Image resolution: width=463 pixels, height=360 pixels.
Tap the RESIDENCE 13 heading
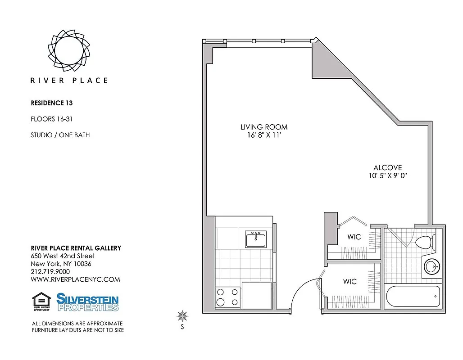(51, 103)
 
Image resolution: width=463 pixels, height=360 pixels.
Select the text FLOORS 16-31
(51, 119)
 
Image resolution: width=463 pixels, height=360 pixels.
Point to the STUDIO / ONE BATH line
(60, 135)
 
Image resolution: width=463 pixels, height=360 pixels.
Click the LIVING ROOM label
(264, 127)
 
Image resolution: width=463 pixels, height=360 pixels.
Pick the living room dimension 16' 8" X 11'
(264, 135)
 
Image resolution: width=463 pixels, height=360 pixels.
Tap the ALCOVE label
(387, 167)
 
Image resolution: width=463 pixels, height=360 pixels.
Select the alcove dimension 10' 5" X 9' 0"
(387, 176)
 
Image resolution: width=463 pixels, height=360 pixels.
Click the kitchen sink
(256, 238)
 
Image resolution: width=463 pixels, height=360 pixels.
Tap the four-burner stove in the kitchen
(227, 297)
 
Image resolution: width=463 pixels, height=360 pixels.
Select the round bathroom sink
(432, 267)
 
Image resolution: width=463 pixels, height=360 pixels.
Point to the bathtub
(412, 297)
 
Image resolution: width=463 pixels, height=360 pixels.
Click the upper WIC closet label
(354, 237)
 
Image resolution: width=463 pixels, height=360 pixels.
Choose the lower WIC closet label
(350, 282)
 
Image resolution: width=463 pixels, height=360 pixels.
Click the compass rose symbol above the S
(182, 316)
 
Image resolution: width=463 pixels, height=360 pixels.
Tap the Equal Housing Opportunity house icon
(41, 301)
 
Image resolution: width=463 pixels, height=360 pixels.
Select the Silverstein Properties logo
(87, 302)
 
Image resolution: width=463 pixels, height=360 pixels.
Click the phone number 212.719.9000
(50, 271)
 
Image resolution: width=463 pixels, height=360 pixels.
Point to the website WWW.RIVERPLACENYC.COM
(75, 279)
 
